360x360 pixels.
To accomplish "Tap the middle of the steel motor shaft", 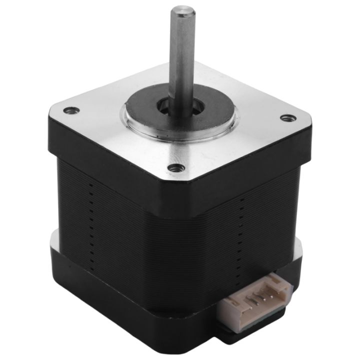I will (180, 55).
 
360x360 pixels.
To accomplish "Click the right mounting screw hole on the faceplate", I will (286, 118).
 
